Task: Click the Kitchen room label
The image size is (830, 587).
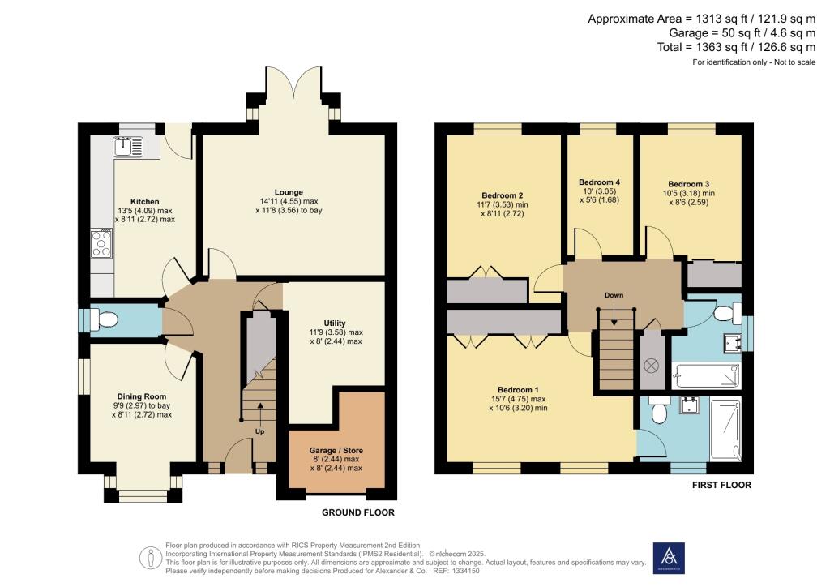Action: [145, 201]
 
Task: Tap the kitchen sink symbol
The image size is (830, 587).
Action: [128, 147]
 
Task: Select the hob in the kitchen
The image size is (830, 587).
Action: [102, 244]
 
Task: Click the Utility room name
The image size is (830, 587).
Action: [335, 323]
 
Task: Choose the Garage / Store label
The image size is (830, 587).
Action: [336, 450]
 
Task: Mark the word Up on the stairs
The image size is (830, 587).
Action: [259, 431]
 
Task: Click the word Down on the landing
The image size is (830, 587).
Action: [614, 295]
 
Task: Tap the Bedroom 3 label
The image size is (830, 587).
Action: [688, 184]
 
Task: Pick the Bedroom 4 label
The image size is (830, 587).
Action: [600, 182]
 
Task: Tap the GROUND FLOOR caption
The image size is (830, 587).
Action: [358, 512]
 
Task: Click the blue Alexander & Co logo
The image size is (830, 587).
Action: [669, 559]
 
